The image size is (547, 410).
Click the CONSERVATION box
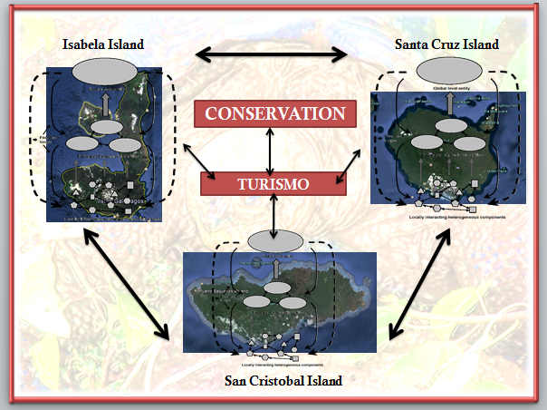pyautogui.click(x=275, y=113)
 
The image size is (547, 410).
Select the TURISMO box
pyautogui.click(x=273, y=183)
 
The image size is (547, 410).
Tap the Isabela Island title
pyautogui.click(x=103, y=44)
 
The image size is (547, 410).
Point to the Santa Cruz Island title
pyautogui.click(x=446, y=44)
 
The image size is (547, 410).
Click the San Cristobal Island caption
pyautogui.click(x=283, y=381)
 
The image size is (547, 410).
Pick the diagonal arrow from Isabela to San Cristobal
pyautogui.click(x=127, y=283)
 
